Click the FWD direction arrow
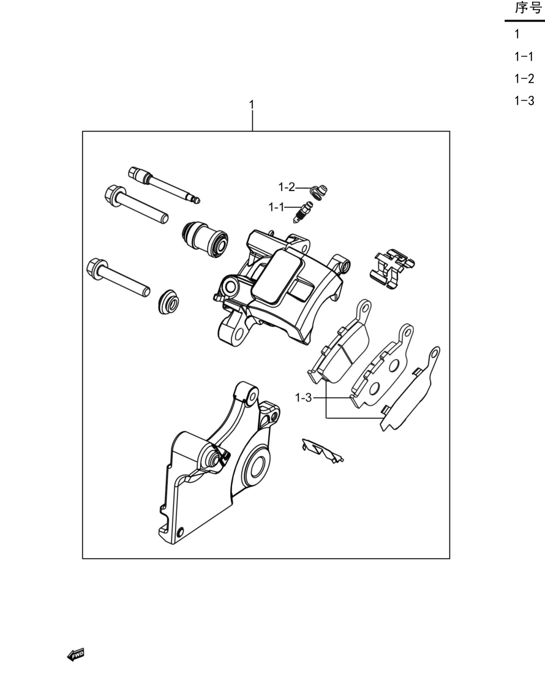click(76, 655)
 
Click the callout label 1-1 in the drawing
click(276, 207)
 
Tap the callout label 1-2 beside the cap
click(287, 187)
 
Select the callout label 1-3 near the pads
click(304, 398)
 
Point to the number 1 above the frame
click(252, 105)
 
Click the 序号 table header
click(528, 8)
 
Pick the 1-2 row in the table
click(524, 79)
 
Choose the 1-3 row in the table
click(524, 100)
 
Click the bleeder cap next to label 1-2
click(318, 192)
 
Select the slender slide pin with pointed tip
click(165, 185)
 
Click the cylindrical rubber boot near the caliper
click(205, 239)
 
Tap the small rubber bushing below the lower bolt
click(168, 301)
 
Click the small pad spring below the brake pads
click(323, 450)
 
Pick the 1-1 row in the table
click(524, 57)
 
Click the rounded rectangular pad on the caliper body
click(278, 276)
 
